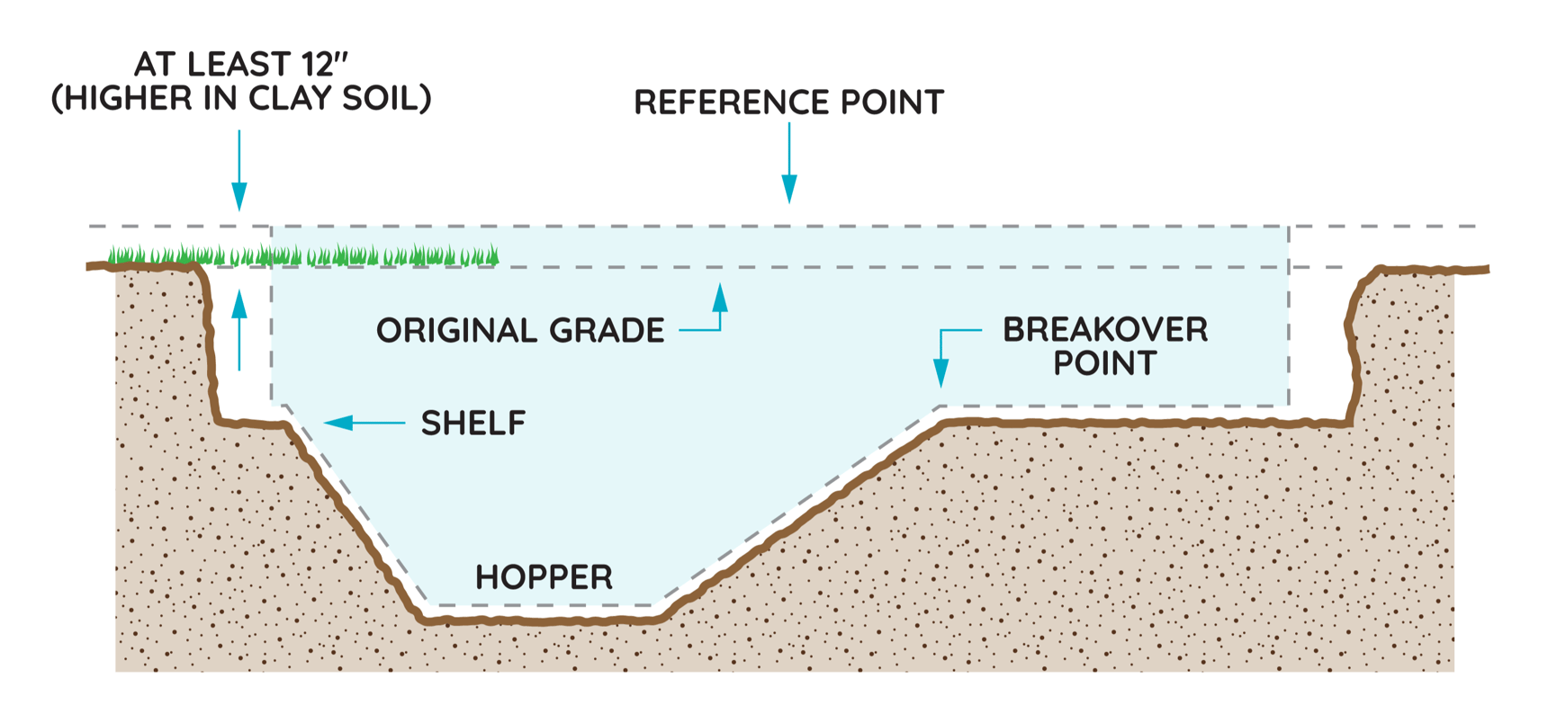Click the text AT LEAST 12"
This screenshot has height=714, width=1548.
pyautogui.click(x=240, y=65)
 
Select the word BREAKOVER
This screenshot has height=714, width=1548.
pyautogui.click(x=1105, y=330)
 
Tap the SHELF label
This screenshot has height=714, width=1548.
pyautogui.click(x=473, y=423)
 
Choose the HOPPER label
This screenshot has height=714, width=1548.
pyautogui.click(x=544, y=577)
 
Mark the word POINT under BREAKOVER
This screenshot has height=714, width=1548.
pyautogui.click(x=1105, y=364)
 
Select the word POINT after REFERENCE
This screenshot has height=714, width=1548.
pyautogui.click(x=892, y=103)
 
